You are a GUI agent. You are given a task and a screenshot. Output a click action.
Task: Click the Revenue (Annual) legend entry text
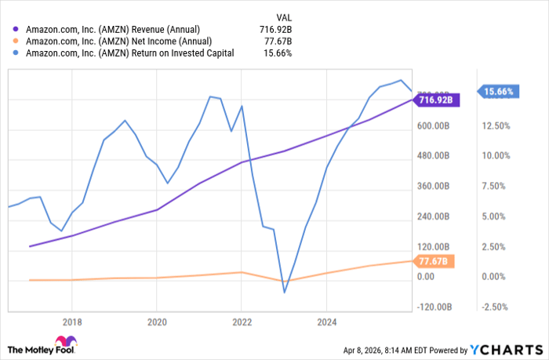click(x=115, y=28)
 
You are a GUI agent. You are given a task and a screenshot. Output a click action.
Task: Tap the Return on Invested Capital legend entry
click(x=129, y=53)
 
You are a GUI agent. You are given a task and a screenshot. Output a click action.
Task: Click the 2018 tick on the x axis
click(x=71, y=321)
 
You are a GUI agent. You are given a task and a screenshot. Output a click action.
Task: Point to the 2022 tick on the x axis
click(x=242, y=321)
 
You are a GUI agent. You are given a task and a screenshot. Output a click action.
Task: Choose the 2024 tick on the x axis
click(x=326, y=321)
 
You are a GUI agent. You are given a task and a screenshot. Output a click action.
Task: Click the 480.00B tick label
click(x=432, y=155)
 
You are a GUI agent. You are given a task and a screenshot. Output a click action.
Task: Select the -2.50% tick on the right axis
click(x=499, y=307)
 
